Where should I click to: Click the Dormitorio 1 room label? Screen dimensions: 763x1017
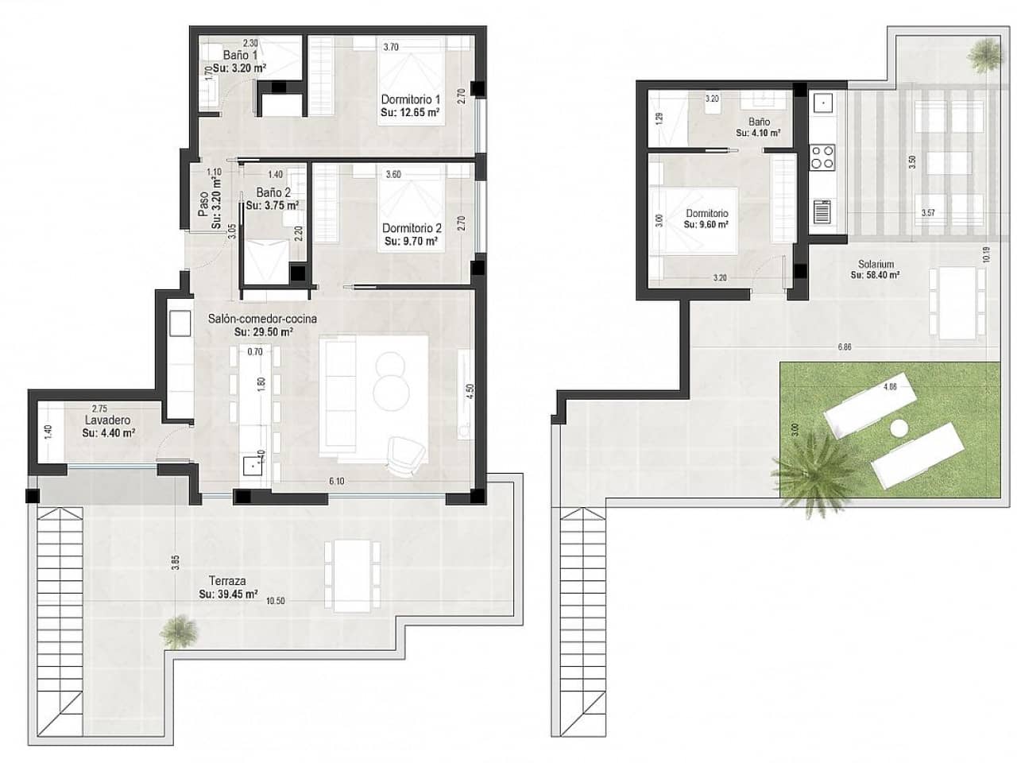pos(411,99)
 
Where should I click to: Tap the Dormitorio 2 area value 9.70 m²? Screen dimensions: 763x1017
pos(412,241)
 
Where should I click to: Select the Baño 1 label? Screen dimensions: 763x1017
pos(239,56)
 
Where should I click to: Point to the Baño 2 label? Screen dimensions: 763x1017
pos(273,192)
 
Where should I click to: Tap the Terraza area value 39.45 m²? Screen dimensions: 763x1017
pos(228,594)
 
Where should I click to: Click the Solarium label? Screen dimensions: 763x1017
pos(876,264)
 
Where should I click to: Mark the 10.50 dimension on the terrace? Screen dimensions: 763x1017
pos(275,601)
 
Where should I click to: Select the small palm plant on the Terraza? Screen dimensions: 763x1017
pos(176,631)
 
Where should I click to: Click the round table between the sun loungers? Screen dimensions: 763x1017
pos(898,428)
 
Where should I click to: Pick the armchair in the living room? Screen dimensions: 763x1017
pos(405,455)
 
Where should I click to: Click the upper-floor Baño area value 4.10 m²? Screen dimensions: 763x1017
pos(758,133)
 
